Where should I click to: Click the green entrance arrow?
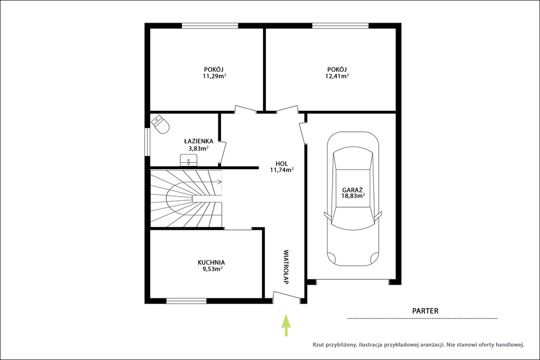coord(286,325)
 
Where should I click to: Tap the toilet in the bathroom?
coord(160,124)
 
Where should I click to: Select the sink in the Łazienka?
coord(189,160)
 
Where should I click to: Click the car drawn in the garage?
coord(353,199)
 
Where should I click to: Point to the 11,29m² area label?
coord(214,76)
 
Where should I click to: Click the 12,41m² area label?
coord(337,76)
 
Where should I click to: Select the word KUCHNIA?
coord(211,262)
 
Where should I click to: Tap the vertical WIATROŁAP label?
coord(285,267)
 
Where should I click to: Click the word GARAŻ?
coord(352,190)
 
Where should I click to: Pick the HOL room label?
coord(282,164)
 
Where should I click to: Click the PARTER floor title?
coord(426,311)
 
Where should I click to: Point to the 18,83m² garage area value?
coord(353,196)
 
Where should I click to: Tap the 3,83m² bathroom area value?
coord(198,149)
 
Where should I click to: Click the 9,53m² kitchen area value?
coord(212,269)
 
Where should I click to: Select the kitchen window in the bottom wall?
coord(186,301)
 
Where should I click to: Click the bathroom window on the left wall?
coord(147,142)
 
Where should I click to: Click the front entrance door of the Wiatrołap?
coord(286,296)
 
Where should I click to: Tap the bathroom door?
coord(223,152)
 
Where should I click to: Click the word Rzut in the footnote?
coord(318,345)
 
